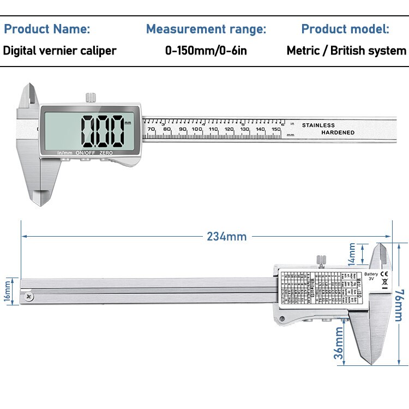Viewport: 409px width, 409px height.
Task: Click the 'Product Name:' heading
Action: tap(47, 29)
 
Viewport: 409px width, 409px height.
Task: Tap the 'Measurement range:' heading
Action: tap(206, 29)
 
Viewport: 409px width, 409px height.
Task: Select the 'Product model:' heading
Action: tap(345, 29)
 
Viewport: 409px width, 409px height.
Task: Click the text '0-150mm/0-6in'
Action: tap(206, 51)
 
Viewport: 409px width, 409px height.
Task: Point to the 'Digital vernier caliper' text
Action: tap(60, 51)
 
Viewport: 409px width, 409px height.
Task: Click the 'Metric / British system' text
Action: tap(346, 51)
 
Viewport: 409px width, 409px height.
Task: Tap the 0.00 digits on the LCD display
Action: tap(103, 130)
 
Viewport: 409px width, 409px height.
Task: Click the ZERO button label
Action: tap(106, 153)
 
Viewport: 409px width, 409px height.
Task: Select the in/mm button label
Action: tap(64, 153)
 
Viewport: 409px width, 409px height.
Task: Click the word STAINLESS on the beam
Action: tap(318, 125)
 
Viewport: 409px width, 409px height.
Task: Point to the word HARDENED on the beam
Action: tap(338, 133)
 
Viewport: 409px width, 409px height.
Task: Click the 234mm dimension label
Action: tap(226, 237)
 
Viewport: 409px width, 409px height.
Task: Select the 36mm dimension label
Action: tap(339, 342)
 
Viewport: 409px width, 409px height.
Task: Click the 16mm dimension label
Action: tap(8, 290)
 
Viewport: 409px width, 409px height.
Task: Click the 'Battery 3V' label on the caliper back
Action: tap(371, 276)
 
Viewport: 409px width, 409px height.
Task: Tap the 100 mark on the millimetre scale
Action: tap(197, 129)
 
